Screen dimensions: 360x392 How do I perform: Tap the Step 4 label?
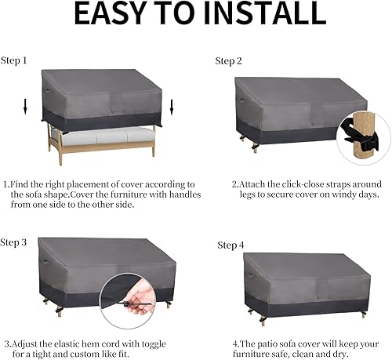[x=230, y=245]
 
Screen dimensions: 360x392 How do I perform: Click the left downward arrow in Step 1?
[x=25, y=106]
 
